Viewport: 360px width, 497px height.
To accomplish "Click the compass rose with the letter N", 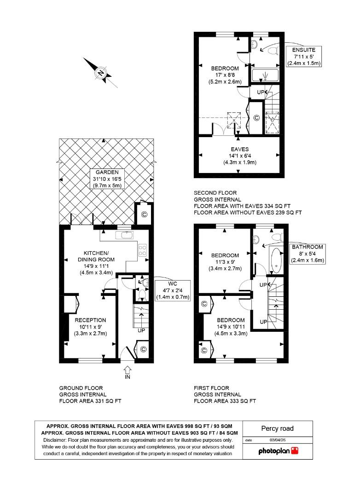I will [x=101, y=73].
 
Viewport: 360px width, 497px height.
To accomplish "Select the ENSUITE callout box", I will [x=303, y=56].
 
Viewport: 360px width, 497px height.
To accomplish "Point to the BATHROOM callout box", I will [x=308, y=254].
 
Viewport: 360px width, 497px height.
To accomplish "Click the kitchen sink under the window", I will [x=125, y=235].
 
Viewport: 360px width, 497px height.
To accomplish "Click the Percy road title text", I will [x=277, y=428].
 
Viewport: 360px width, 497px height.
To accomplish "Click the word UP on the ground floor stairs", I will [x=141, y=330].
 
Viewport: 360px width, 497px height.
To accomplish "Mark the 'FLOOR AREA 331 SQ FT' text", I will [x=90, y=401].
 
